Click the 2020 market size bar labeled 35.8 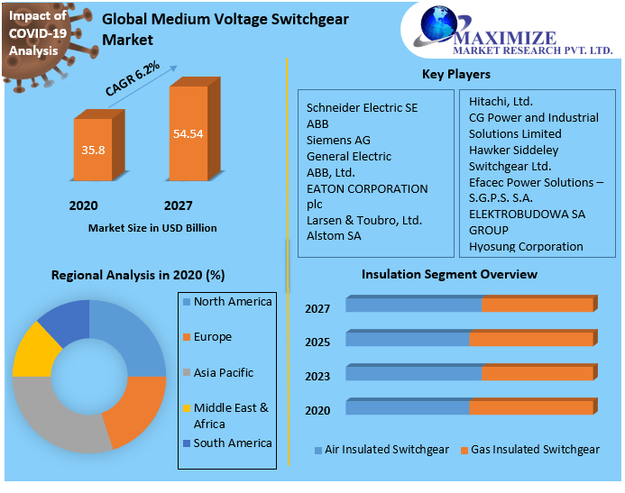coord(93,150)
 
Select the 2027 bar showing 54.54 coord(188,133)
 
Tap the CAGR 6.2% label coord(132,79)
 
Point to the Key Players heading coord(456,74)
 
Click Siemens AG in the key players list coord(338,141)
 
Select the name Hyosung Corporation coord(526,246)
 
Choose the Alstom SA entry coord(334,236)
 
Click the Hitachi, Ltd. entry coord(501,102)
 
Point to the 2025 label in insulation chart coord(317,342)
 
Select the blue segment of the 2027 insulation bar coord(413,305)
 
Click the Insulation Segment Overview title coord(449,274)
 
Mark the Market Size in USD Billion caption coord(152,228)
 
